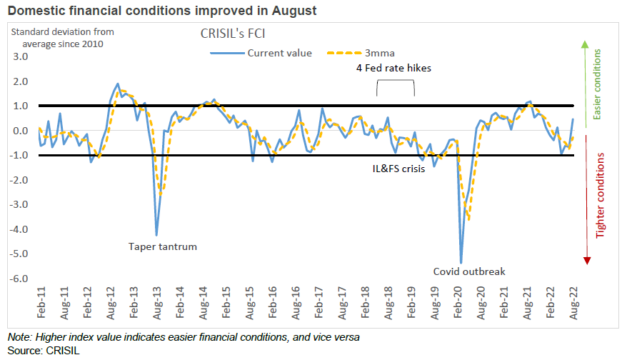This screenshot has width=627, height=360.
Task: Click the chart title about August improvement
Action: (x=162, y=11)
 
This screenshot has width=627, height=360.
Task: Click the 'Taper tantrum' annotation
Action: (x=162, y=246)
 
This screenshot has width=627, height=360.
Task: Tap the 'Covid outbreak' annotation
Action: (x=469, y=271)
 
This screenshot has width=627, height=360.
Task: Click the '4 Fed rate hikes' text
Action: (x=393, y=67)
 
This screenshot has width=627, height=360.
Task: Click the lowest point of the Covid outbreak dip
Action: (x=461, y=262)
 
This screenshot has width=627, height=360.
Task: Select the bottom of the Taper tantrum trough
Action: (x=156, y=235)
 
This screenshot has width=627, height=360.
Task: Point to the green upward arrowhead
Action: (x=586, y=45)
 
